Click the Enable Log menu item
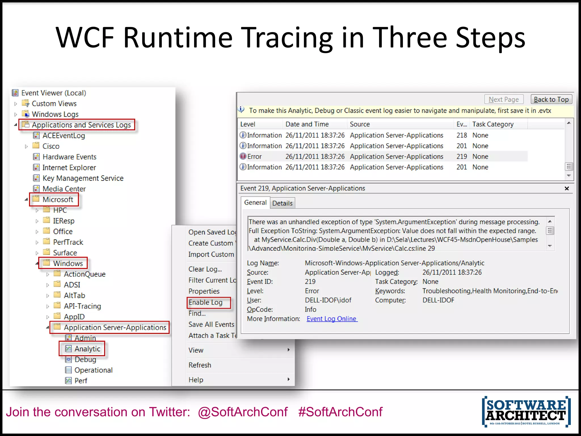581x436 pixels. click(x=206, y=303)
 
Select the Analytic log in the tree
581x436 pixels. click(x=87, y=349)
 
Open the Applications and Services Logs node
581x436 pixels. click(x=81, y=125)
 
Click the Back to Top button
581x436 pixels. click(x=551, y=100)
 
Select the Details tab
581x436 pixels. click(x=282, y=203)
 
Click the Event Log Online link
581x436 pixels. click(x=332, y=319)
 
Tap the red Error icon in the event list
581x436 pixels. click(x=243, y=156)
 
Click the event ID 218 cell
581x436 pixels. click(x=462, y=135)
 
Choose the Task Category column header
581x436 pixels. click(x=493, y=124)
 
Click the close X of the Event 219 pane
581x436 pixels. click(x=567, y=188)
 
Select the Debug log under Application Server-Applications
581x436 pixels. click(x=85, y=360)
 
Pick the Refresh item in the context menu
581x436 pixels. click(x=200, y=365)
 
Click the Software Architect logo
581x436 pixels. click(x=526, y=411)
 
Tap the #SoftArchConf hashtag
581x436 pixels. click(x=340, y=412)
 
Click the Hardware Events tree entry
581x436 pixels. click(x=70, y=157)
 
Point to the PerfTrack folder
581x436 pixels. click(x=68, y=242)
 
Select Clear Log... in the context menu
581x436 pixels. click(x=205, y=269)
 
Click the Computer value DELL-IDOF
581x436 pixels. click(x=438, y=300)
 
